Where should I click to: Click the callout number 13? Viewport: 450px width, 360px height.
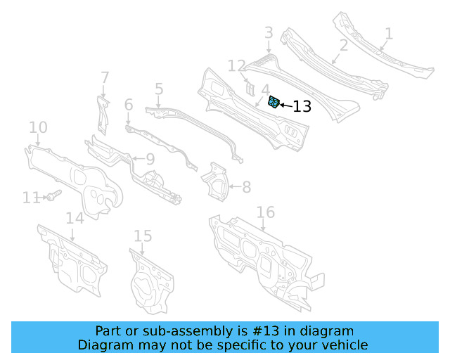[302, 107]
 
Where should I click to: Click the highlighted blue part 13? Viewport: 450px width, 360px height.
[274, 103]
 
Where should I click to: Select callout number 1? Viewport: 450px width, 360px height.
[389, 33]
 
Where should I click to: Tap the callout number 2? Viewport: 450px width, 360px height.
[344, 46]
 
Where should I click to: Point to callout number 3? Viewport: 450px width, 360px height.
[269, 32]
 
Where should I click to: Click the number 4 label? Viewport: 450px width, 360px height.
[265, 90]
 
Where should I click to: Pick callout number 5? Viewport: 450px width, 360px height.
[159, 89]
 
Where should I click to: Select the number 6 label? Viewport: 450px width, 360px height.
[129, 105]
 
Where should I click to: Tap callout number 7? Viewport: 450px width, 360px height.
[105, 77]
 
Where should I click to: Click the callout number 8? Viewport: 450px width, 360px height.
[246, 187]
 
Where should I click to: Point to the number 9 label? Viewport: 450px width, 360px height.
[150, 160]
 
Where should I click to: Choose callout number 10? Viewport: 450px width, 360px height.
[38, 127]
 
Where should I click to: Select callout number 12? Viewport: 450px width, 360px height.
[237, 67]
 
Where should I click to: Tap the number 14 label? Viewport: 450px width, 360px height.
[75, 218]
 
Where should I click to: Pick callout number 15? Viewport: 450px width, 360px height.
[143, 236]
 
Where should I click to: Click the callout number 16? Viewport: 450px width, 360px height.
[265, 212]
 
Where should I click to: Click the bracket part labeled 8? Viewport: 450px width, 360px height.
[215, 181]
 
